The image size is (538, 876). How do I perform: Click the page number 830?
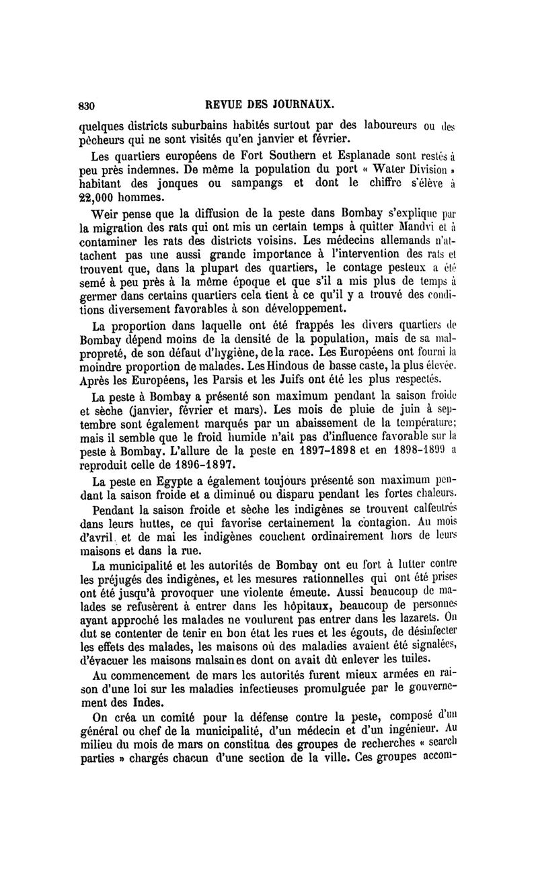pyautogui.click(x=88, y=105)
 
